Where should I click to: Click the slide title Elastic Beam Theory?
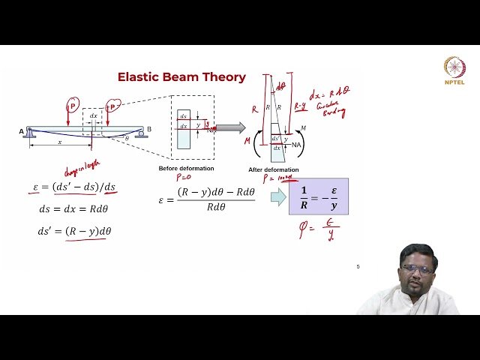[x=181, y=77]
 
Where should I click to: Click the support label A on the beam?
[x=22, y=130]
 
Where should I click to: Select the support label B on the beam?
[x=149, y=130]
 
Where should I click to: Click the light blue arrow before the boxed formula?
[x=277, y=197]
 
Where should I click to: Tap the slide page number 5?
[x=358, y=266]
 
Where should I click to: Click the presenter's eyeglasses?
[x=417, y=269]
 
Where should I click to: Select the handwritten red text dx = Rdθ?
[x=331, y=94]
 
